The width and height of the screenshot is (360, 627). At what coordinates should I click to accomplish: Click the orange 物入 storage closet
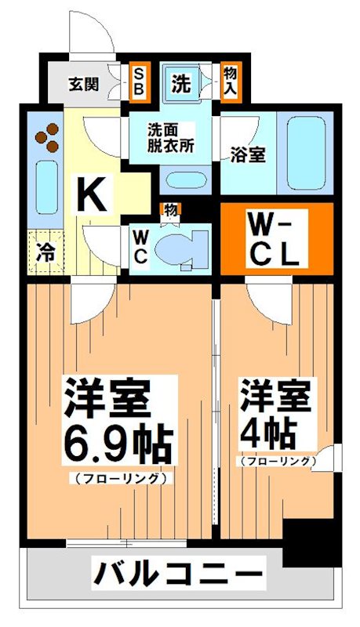[x=229, y=80]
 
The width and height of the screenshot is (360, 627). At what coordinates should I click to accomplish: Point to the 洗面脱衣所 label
[x=170, y=139]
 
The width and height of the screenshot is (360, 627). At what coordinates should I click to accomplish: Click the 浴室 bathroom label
[x=247, y=154]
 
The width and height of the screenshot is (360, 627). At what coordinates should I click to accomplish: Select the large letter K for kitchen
[x=92, y=194]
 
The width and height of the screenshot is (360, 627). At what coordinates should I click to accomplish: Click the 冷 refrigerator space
[x=46, y=252]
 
